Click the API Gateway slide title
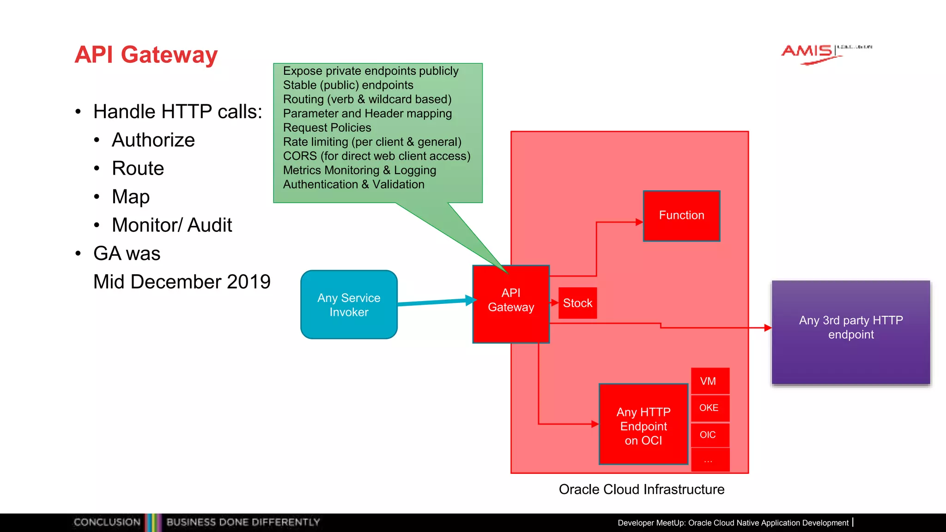(146, 54)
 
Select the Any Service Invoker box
(349, 305)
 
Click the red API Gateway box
(511, 304)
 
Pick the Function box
(681, 216)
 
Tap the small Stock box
(577, 303)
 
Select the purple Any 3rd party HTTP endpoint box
(851, 332)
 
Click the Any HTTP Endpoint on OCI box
(643, 424)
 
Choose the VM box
(710, 381)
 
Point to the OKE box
(710, 408)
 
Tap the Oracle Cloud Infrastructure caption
(642, 490)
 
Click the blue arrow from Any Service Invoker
(434, 302)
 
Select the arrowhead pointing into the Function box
(639, 222)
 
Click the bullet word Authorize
(153, 140)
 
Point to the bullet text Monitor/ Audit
(172, 225)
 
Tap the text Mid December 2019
(182, 282)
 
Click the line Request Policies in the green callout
(327, 127)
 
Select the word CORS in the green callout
(300, 156)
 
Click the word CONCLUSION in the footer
(107, 522)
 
